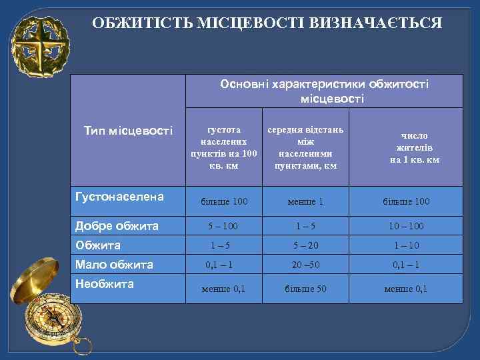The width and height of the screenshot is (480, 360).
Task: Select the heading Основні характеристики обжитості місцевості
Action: tap(324, 91)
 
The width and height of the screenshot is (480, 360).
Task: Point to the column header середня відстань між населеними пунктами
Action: tap(305, 146)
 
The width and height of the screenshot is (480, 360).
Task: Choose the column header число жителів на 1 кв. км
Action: tap(415, 147)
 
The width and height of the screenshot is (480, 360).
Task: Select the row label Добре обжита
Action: tap(118, 225)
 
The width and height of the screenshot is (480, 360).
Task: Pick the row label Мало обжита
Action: tap(115, 264)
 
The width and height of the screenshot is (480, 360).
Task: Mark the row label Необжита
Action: tap(105, 283)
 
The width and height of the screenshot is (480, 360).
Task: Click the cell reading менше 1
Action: tap(305, 201)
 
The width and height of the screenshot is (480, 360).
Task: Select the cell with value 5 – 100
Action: tap(223, 227)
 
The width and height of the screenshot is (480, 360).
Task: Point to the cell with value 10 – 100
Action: tap(405, 227)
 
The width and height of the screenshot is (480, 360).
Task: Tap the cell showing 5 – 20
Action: tap(305, 245)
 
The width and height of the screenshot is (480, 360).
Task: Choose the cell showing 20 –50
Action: tap(305, 265)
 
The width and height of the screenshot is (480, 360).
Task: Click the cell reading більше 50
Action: tap(305, 289)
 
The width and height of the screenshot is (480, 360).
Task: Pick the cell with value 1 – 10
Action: tap(405, 245)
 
